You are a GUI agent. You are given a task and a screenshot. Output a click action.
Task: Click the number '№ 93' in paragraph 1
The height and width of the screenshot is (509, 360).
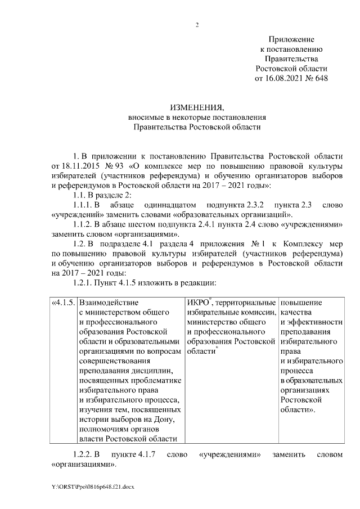click(x=115, y=167)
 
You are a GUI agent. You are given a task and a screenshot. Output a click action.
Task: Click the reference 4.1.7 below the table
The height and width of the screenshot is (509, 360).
click(x=142, y=454)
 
